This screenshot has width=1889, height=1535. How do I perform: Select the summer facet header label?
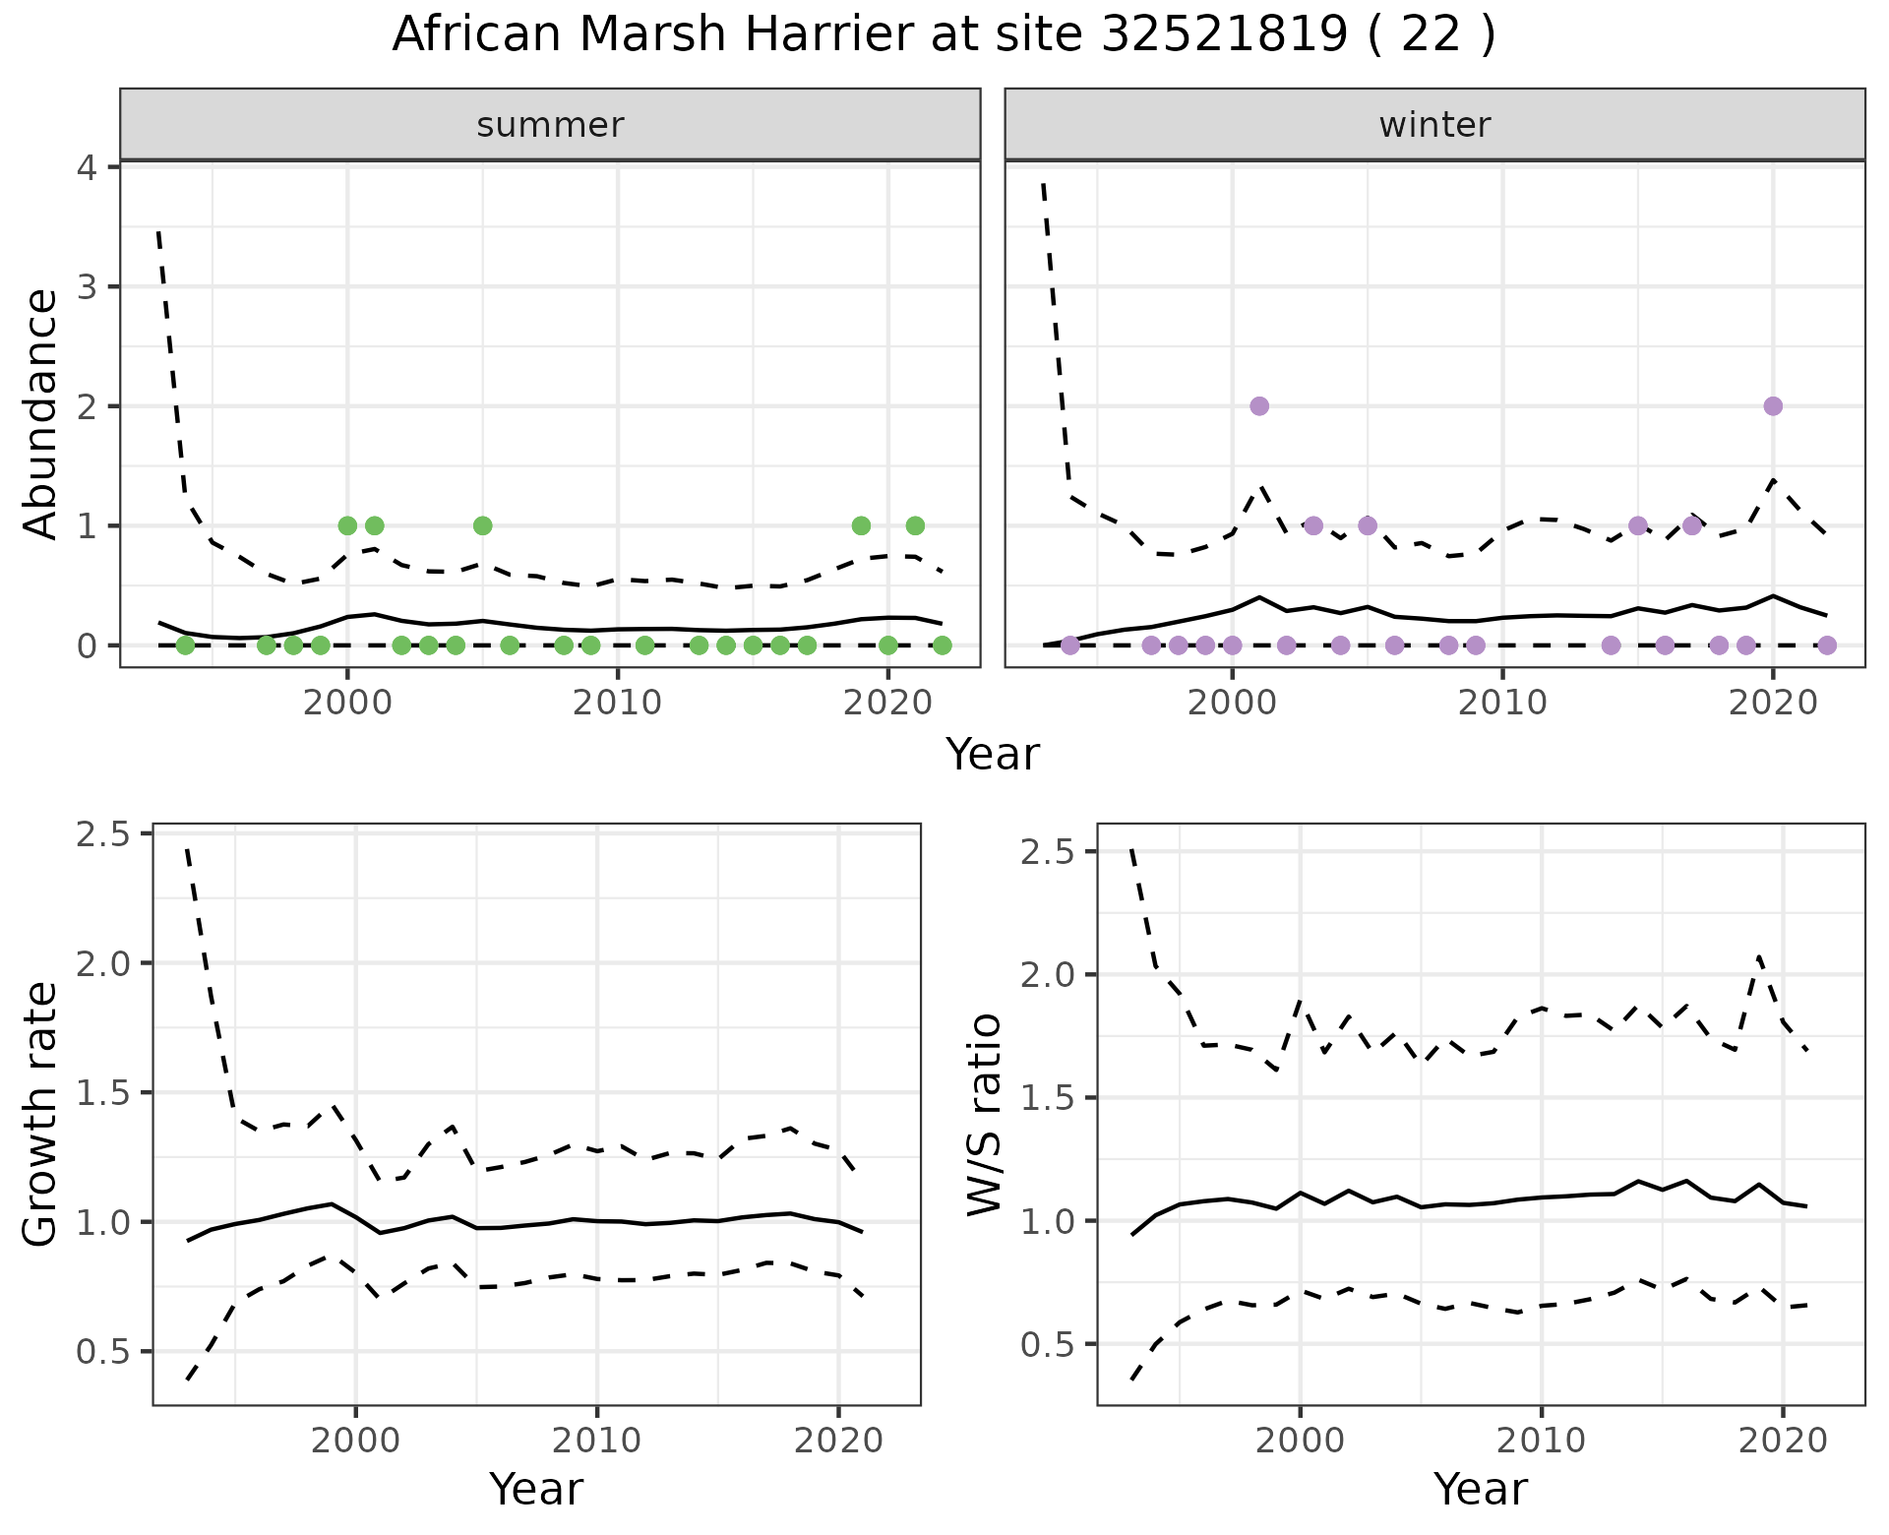(x=550, y=125)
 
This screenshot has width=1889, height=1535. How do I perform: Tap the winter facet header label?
(x=1434, y=125)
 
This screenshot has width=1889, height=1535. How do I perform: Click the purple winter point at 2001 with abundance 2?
(x=1259, y=406)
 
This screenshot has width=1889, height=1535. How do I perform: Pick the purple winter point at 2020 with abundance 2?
(x=1773, y=406)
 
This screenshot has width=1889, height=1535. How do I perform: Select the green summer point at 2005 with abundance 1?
(x=482, y=525)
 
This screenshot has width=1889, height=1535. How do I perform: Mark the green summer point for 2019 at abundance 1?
(x=861, y=525)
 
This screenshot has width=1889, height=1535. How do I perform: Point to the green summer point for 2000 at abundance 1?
(x=347, y=525)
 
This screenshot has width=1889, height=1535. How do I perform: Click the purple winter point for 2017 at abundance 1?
(x=1692, y=525)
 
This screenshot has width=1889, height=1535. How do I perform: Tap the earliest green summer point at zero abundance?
(x=185, y=645)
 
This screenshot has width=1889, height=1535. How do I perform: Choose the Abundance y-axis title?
(x=41, y=413)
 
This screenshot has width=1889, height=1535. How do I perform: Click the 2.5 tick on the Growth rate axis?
(x=102, y=834)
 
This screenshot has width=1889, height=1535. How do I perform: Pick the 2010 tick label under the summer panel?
(x=618, y=705)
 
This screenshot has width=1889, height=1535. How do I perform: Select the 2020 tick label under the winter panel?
(x=1773, y=705)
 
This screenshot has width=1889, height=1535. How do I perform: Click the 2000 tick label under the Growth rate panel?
(x=356, y=1442)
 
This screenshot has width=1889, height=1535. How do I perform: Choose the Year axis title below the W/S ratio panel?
(x=1481, y=1490)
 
